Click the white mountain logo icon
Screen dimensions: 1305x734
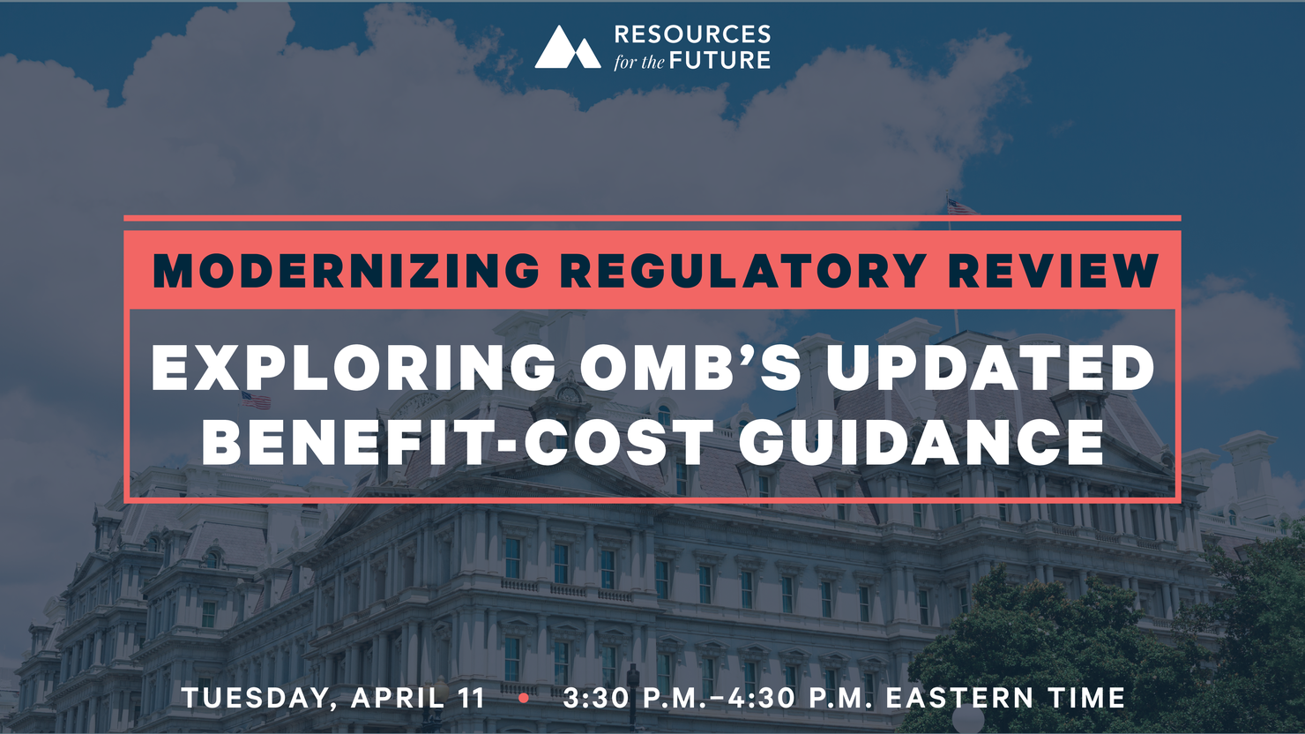(568, 47)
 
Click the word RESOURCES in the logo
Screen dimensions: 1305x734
(692, 34)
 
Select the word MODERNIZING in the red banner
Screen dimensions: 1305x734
(346, 271)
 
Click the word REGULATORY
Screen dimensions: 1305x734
(744, 271)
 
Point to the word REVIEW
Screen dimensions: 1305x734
(1054, 271)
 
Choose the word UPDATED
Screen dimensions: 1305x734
(990, 368)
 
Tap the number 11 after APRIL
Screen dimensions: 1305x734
(472, 698)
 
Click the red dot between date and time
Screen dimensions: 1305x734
(524, 698)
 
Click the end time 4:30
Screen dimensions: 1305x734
(764, 698)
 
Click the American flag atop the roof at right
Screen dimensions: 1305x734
(963, 207)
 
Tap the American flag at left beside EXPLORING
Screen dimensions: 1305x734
(257, 400)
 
